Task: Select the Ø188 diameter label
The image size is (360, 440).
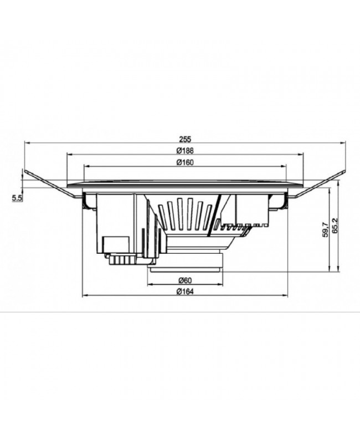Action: tap(184, 150)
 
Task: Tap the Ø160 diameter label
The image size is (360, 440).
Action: tap(184, 162)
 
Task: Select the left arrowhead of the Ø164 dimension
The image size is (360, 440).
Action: tap(84, 296)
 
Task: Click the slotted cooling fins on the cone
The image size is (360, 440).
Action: tap(186, 213)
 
